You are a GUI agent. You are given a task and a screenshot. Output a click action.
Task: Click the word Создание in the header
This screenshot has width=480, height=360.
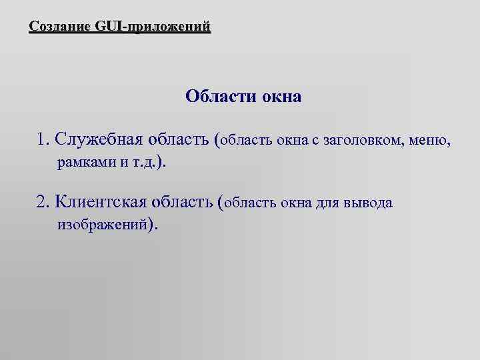click(x=61, y=27)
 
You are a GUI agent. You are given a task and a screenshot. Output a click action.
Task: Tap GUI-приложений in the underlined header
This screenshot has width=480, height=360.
click(x=153, y=27)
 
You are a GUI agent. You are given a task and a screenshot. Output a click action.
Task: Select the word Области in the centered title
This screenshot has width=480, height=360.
click(x=215, y=97)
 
